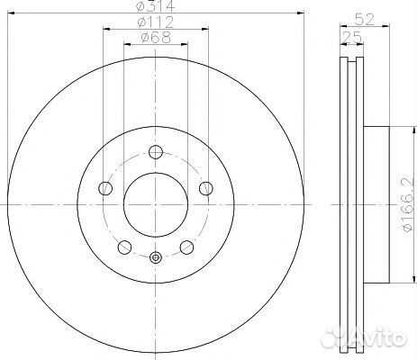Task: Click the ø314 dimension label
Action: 156,6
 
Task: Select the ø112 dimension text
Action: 156,22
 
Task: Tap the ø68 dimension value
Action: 156,38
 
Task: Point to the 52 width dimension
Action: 365,20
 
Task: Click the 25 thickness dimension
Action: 352,38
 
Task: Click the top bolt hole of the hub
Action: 156,152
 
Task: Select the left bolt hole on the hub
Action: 105,188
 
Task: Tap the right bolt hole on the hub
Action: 206,188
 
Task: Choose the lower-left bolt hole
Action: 125,247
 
